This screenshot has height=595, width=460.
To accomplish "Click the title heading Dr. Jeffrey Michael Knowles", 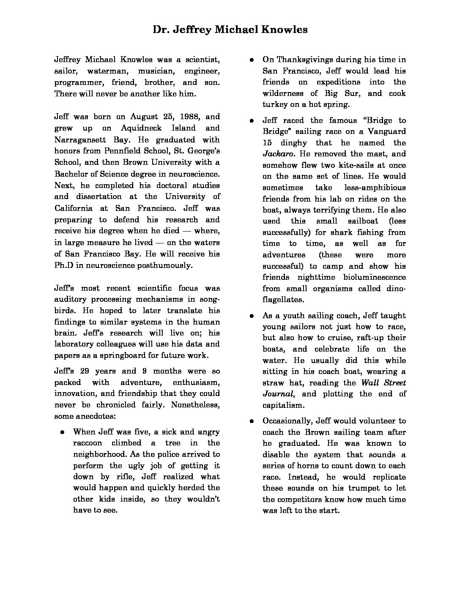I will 230,30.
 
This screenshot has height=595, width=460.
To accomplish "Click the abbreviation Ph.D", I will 63,265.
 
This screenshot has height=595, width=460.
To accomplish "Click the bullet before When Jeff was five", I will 62,432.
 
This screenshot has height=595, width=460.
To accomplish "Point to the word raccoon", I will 88,443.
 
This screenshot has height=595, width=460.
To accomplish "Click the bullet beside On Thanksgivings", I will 251,60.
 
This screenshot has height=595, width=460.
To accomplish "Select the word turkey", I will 275,104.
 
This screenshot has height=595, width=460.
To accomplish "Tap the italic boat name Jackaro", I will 275,154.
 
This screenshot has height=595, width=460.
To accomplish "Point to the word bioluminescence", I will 373,277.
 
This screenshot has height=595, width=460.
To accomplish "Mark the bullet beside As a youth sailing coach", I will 251,315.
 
